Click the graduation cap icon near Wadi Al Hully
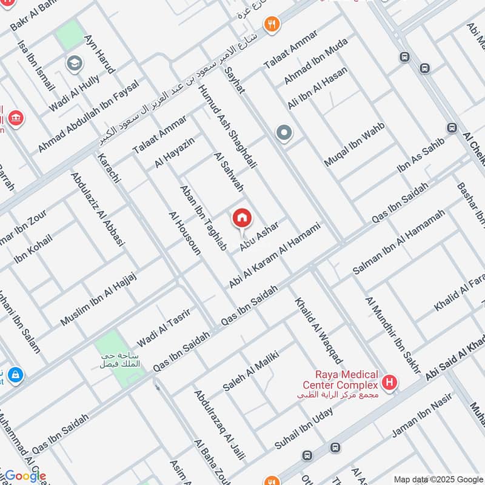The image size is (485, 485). (75, 64)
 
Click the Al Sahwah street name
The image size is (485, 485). (229, 172)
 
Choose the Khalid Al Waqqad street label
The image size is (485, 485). (311, 327)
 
